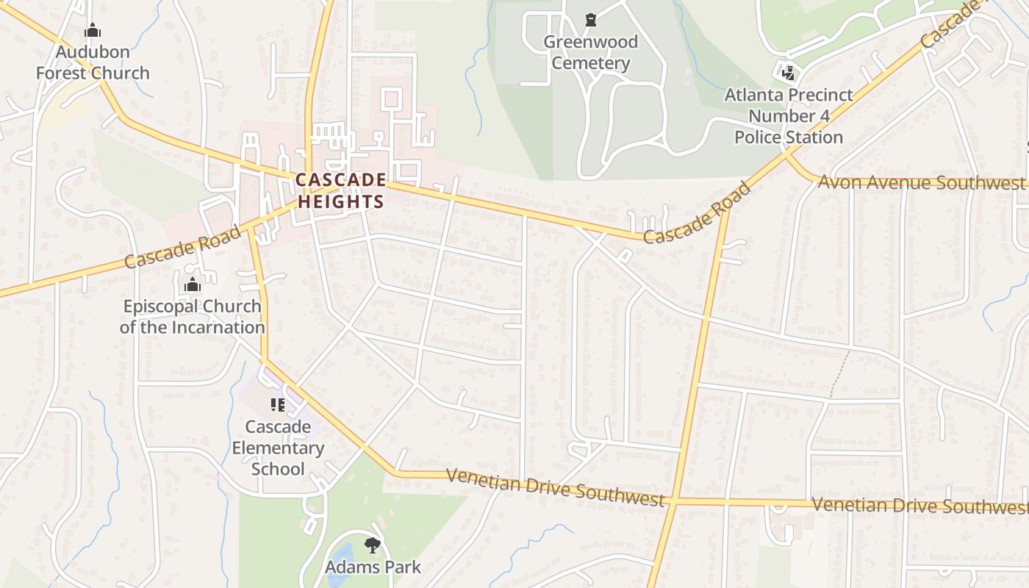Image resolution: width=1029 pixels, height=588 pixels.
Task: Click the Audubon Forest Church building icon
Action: coord(93,31)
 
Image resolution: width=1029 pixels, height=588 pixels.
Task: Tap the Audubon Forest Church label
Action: coord(93,62)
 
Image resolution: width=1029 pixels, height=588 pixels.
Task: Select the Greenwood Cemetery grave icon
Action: coord(591,20)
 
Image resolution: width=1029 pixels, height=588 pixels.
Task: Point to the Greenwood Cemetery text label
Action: coord(591,52)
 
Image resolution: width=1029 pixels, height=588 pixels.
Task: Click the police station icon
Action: coord(789,73)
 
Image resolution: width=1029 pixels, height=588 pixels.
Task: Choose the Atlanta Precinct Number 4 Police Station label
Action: coord(789,116)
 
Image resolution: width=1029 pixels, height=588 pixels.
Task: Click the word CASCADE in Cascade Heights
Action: coord(341,180)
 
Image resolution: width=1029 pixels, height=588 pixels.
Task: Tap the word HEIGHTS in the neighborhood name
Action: coord(341,201)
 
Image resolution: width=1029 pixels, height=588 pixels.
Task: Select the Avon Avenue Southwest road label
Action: coord(921,183)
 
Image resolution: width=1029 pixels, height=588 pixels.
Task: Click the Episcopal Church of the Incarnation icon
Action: coord(193,285)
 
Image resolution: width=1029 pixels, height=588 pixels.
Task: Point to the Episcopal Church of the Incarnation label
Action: coord(192,317)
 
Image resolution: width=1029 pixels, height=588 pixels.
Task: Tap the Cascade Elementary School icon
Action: coord(278,404)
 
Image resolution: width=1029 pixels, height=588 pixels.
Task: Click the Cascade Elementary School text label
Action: coord(278,448)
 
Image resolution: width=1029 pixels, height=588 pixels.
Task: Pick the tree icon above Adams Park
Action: coord(373,545)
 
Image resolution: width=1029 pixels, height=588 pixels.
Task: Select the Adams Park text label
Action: coord(373,567)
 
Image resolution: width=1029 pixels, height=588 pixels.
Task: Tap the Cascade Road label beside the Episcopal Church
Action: coord(182,248)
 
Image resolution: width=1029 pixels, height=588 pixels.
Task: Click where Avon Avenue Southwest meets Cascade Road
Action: coord(786,154)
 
